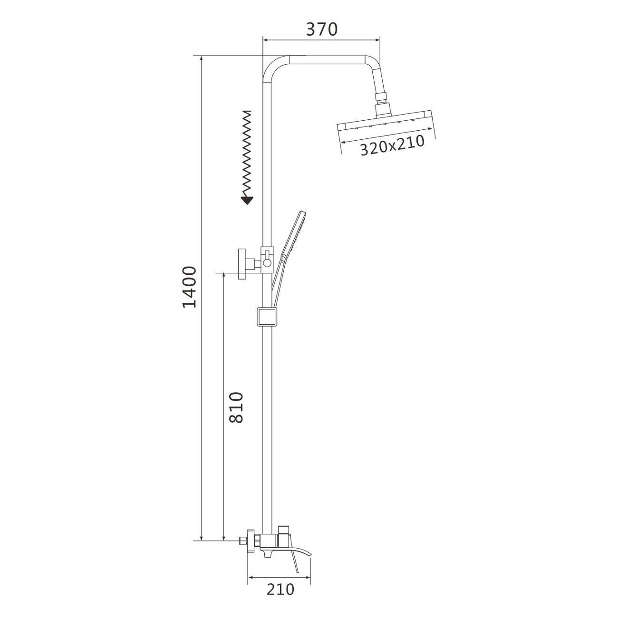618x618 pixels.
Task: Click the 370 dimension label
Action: point(322,29)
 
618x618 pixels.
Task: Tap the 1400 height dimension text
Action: point(189,287)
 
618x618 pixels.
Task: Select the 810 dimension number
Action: point(237,407)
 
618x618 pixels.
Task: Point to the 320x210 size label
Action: point(392,145)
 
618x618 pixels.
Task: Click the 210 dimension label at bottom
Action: point(280,589)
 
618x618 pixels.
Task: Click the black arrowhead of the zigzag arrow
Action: point(247,201)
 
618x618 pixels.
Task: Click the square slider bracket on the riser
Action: point(266,317)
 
